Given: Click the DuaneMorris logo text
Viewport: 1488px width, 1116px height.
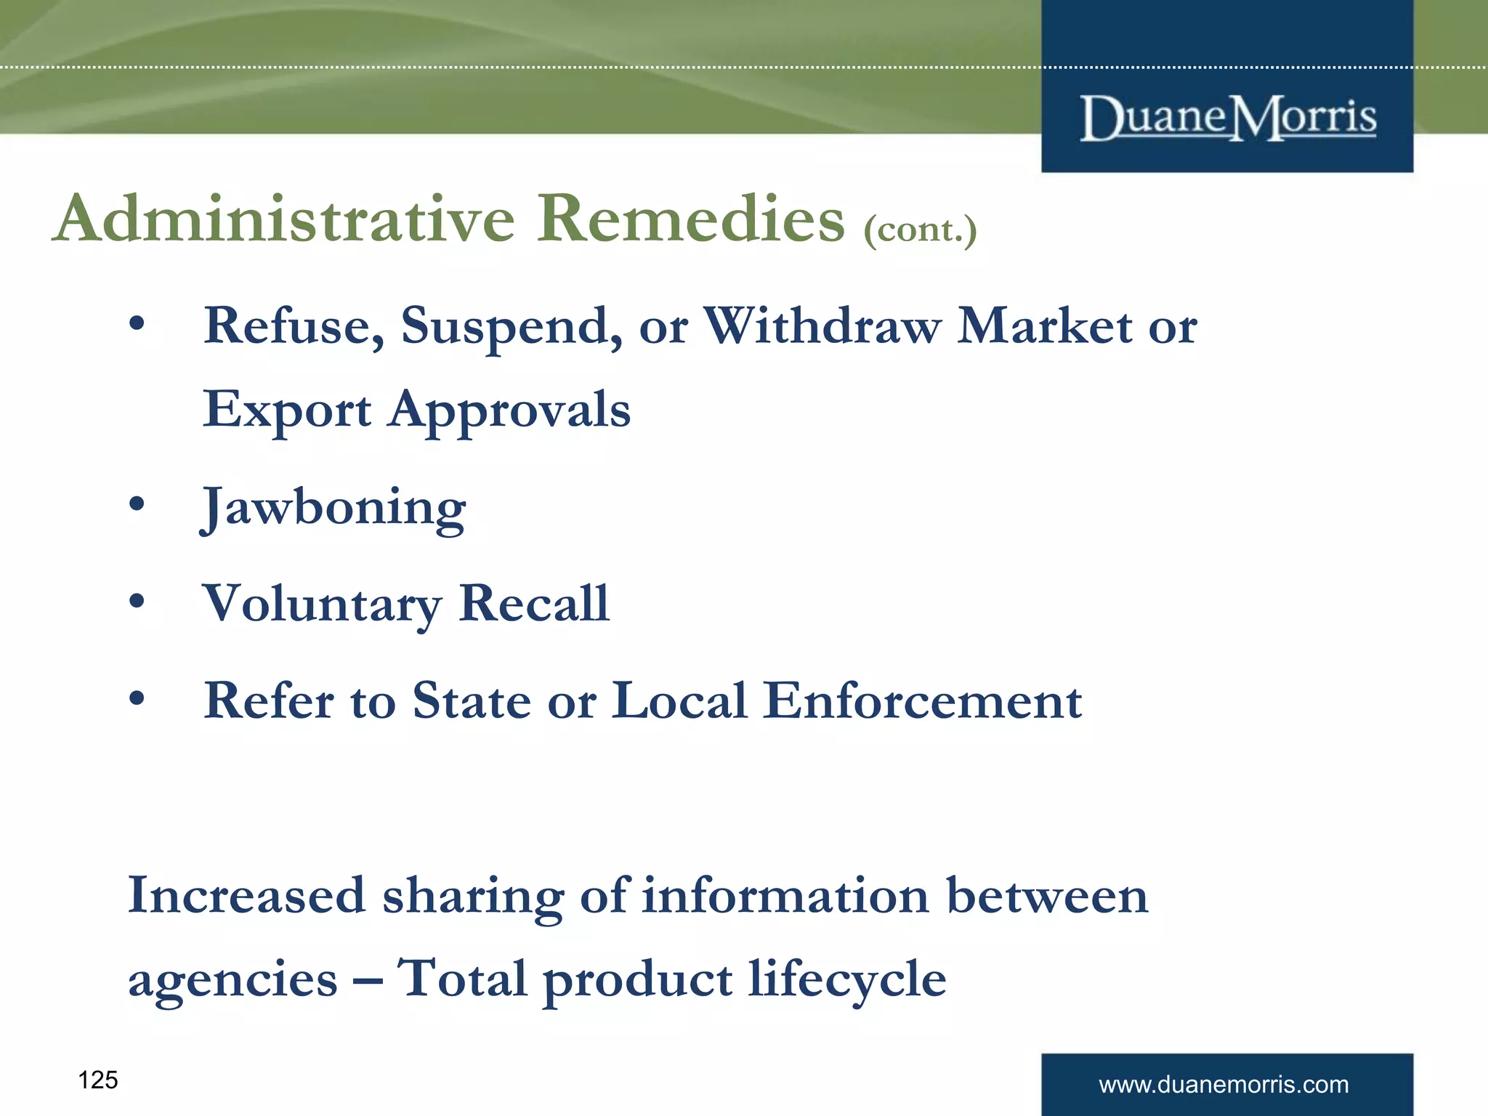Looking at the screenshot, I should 1227,118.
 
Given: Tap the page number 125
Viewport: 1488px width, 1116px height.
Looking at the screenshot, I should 97,1080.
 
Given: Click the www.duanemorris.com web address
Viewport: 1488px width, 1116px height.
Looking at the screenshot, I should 1224,1085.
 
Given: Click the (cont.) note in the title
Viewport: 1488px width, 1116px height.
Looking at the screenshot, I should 920,230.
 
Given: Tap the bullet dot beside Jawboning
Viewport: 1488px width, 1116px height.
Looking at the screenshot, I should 137,504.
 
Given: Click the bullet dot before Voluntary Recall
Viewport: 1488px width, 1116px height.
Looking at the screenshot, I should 137,601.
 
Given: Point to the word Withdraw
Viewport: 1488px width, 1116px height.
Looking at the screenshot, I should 822,325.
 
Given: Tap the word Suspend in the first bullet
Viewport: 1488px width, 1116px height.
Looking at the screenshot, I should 511,327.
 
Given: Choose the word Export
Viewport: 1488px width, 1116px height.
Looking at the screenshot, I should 287,411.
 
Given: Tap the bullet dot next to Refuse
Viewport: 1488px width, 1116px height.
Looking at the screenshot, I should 137,324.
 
